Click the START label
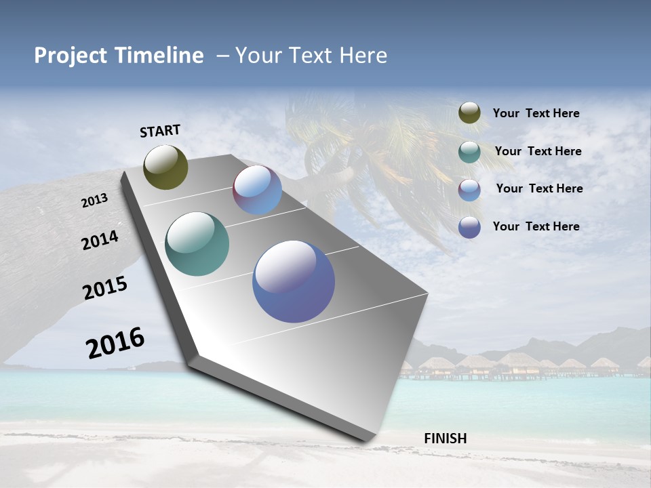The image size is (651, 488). click(x=160, y=131)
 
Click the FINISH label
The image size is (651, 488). click(x=445, y=439)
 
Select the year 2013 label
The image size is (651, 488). click(x=95, y=200)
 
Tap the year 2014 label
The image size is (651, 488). click(x=100, y=240)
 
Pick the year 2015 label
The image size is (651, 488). click(x=105, y=288)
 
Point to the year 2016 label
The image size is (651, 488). click(x=115, y=342)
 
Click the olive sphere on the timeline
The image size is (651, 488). click(x=166, y=167)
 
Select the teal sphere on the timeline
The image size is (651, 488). click(x=197, y=244)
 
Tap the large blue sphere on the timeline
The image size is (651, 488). click(x=294, y=281)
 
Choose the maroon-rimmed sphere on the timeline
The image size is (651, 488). click(x=257, y=190)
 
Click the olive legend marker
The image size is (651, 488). click(x=469, y=113)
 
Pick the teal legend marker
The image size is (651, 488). click(x=469, y=152)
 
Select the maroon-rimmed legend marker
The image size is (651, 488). click(x=469, y=190)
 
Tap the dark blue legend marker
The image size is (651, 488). click(x=469, y=227)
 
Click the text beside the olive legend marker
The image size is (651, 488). click(x=536, y=114)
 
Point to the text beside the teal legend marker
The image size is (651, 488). click(x=538, y=151)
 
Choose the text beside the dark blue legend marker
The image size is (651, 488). click(x=536, y=226)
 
